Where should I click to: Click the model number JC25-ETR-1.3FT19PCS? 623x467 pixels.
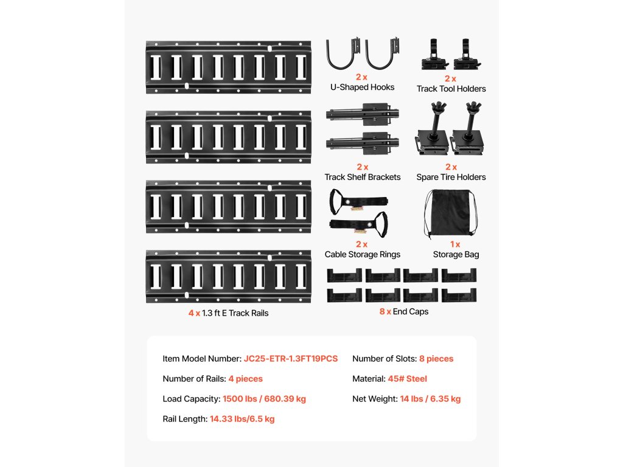(291, 359)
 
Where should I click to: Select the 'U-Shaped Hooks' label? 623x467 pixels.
(362, 87)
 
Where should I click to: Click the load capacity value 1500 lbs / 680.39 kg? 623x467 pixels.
(264, 399)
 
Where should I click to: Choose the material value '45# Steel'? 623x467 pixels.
(407, 379)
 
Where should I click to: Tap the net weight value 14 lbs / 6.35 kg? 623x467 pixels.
(430, 399)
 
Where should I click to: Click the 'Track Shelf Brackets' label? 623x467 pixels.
(362, 177)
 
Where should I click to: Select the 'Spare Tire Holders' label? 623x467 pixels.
(451, 177)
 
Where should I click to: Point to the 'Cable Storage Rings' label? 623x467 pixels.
(362, 254)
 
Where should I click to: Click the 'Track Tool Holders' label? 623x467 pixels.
(451, 89)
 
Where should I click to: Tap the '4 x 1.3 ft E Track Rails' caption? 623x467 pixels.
(228, 313)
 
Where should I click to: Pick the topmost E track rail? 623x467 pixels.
(228, 67)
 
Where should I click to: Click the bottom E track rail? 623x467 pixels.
(228, 276)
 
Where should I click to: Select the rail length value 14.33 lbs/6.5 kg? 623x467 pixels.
(242, 419)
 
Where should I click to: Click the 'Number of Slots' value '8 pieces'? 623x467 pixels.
(436, 359)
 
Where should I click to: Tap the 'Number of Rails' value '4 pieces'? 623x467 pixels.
(245, 379)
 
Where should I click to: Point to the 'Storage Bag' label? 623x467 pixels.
(456, 254)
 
